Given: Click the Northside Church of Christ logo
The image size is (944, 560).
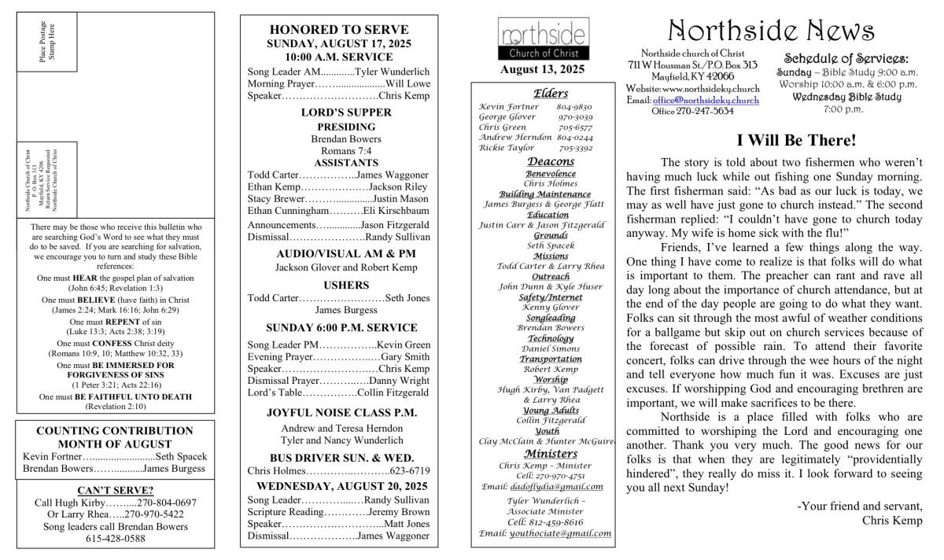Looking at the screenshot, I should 542,39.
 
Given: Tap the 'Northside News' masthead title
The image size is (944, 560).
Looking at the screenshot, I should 770,31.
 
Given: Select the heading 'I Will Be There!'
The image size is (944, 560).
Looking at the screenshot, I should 796,141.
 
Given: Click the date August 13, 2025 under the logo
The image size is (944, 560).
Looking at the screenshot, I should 542,69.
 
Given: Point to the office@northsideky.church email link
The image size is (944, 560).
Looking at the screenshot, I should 706,101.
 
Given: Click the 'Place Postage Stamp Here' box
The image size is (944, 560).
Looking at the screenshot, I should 48,42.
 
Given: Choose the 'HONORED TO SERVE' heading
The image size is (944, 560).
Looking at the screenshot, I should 339,30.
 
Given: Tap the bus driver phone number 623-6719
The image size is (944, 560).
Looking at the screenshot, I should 410,470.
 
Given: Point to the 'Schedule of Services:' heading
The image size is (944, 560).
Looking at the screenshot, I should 846,58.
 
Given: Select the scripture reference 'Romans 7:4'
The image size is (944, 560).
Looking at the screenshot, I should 338,150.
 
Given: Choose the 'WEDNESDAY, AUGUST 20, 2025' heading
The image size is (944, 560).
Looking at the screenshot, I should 339,485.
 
